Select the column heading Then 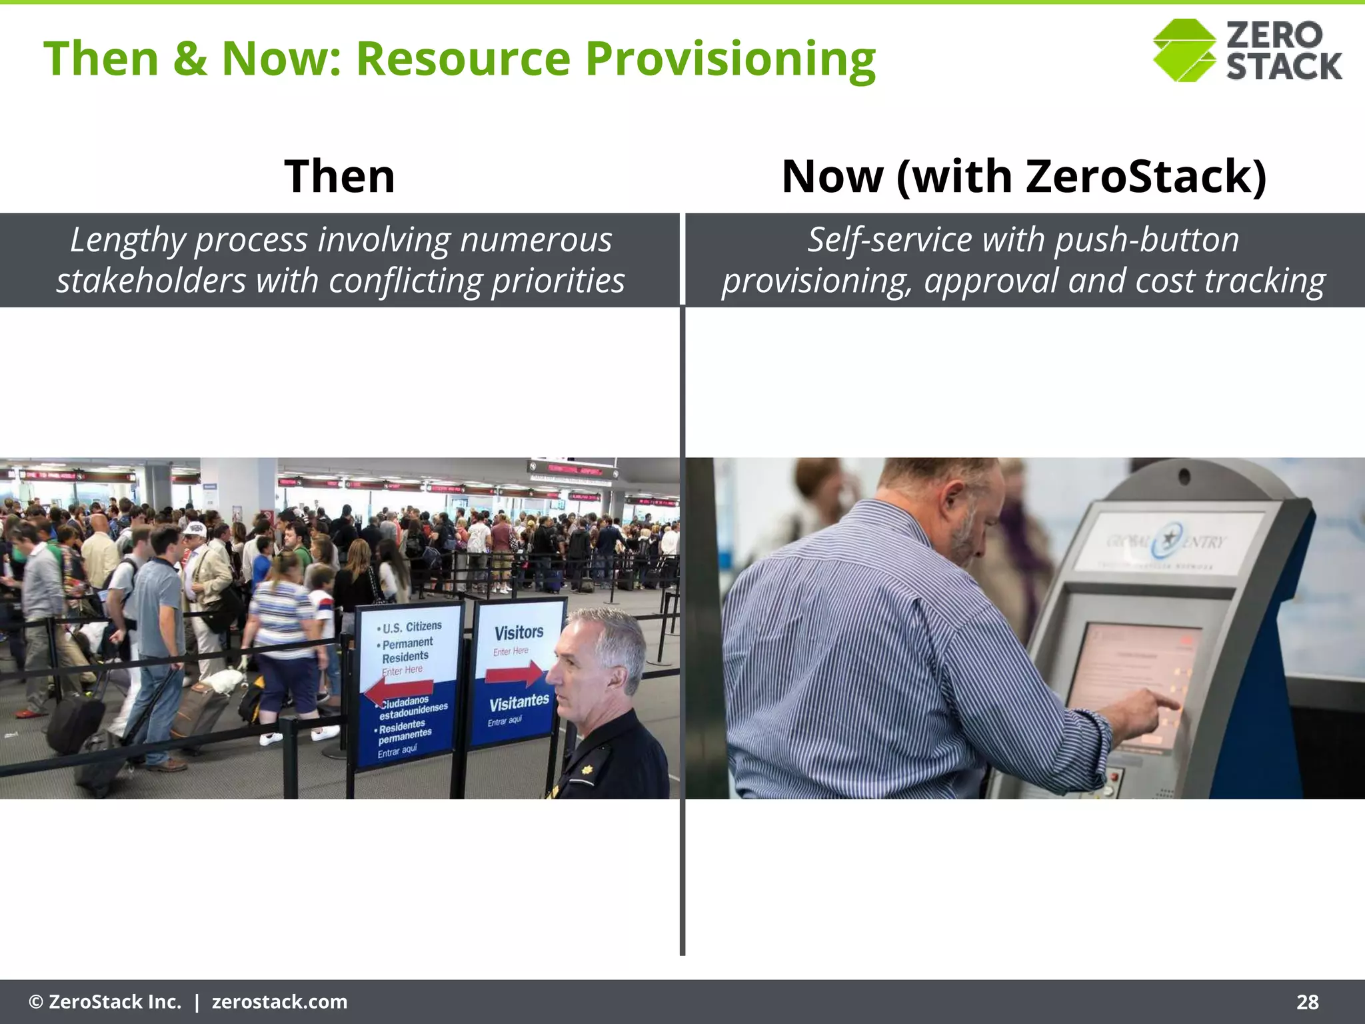340,176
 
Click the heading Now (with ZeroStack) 1024,176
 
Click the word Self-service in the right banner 890,240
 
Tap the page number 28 1307,1002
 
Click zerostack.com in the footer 279,1002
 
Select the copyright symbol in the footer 36,1002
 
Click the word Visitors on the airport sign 519,632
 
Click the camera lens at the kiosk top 1184,477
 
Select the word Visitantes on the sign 519,702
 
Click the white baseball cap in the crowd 195,529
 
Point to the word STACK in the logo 1284,66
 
